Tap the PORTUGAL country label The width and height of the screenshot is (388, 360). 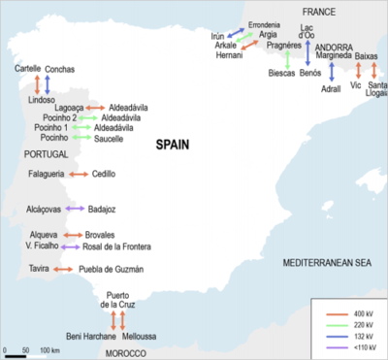(48, 153)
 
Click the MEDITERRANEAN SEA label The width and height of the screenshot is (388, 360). (328, 263)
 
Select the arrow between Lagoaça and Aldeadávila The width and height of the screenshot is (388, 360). (94, 106)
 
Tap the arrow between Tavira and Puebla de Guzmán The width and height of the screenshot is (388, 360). (64, 269)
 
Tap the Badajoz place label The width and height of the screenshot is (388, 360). (101, 208)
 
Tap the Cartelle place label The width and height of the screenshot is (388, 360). (28, 69)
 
